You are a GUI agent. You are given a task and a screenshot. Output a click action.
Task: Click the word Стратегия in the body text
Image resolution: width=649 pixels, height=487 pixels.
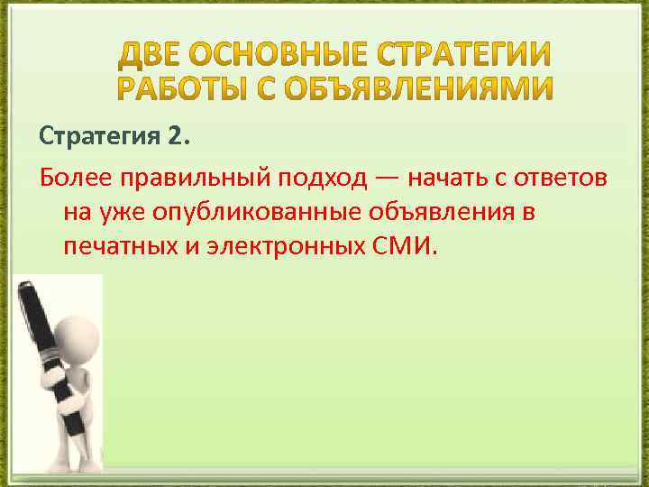point(100,137)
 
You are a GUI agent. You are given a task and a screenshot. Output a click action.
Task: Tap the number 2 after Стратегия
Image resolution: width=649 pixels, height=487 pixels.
point(174,137)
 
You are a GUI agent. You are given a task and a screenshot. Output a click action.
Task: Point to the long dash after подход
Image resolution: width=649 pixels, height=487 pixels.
point(386,178)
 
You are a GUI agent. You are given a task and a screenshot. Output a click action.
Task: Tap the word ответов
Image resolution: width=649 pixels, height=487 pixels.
point(563,178)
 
